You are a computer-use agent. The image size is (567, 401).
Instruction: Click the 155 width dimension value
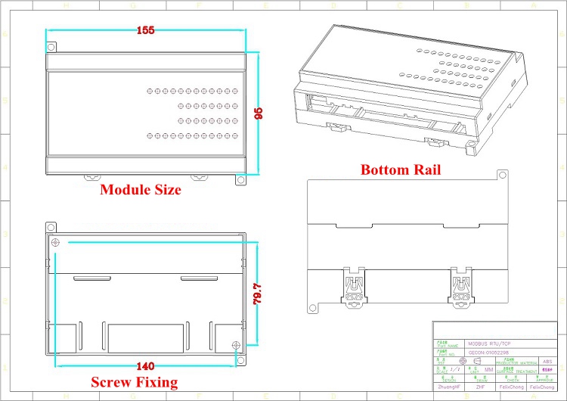point(147,31)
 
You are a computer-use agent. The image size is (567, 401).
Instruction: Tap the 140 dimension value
point(145,366)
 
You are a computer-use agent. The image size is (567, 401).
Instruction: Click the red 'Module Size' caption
point(141,191)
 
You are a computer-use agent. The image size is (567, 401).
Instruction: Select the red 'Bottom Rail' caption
point(401,169)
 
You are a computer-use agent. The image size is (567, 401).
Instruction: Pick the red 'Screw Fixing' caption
point(135,382)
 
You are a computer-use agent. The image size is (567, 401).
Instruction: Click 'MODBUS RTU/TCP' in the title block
point(488,342)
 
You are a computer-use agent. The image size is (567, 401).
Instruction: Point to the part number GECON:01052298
point(491,353)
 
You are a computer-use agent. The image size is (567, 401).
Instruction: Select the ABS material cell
point(547,362)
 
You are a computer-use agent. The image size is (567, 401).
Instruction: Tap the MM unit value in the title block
point(490,370)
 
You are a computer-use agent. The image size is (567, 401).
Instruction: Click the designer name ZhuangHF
point(449,387)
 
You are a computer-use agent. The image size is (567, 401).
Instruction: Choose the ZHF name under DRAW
point(481,387)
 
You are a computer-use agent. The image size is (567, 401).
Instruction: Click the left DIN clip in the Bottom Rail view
point(354,288)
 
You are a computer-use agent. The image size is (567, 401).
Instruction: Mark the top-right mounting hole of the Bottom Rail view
point(500,175)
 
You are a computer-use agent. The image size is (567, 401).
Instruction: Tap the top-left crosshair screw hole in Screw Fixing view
point(56,242)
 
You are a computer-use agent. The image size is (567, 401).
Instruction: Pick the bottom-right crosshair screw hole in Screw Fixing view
point(237,346)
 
